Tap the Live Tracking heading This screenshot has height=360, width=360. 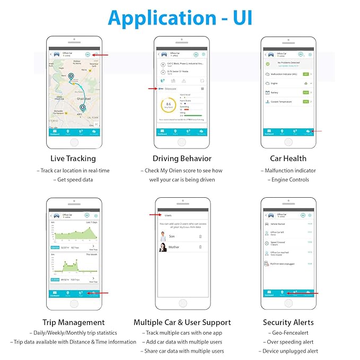click(x=73, y=158)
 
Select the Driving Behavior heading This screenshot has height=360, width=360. click(x=182, y=158)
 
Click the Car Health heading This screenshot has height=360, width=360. click(x=288, y=158)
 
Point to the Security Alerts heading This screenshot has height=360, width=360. click(x=288, y=322)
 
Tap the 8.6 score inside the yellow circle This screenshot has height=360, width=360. click(x=168, y=104)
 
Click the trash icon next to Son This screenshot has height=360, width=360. click(x=200, y=236)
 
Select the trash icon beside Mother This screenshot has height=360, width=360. click(x=200, y=247)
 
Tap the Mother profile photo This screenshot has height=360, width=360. click(x=163, y=248)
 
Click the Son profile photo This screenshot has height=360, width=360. click(x=163, y=236)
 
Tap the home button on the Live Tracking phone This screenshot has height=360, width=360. click(x=73, y=142)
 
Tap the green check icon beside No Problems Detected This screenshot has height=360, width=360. click(x=268, y=63)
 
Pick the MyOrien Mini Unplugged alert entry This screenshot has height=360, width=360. click(x=282, y=264)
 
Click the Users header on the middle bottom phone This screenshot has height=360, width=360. click(x=168, y=215)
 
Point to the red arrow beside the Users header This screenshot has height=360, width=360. click(x=155, y=215)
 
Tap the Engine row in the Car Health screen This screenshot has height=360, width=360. click(x=275, y=83)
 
